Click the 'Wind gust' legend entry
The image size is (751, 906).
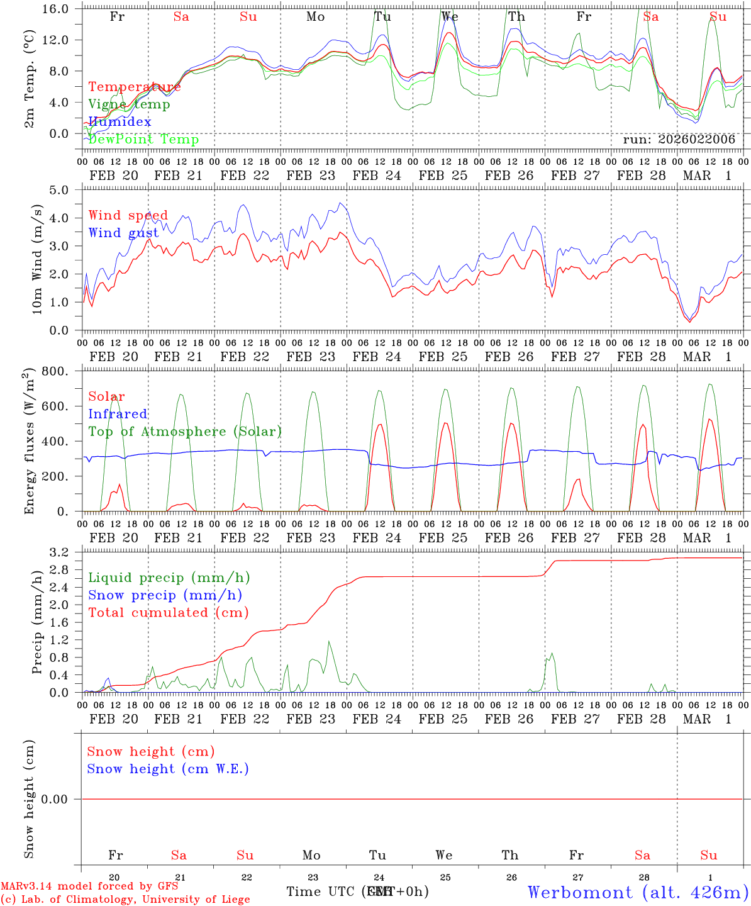[123, 233]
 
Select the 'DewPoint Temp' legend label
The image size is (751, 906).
[143, 139]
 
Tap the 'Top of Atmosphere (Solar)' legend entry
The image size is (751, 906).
[184, 432]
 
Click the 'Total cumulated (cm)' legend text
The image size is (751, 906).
[168, 612]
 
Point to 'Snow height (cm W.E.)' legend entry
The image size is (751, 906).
[168, 769]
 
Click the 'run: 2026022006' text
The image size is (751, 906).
[679, 139]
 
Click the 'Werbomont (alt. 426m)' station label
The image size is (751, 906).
[638, 892]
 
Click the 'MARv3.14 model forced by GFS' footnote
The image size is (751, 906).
[89, 886]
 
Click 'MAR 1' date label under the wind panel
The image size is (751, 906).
[707, 357]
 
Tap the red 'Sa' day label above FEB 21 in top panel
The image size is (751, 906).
[181, 16]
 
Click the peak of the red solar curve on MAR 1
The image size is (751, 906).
[709, 419]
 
